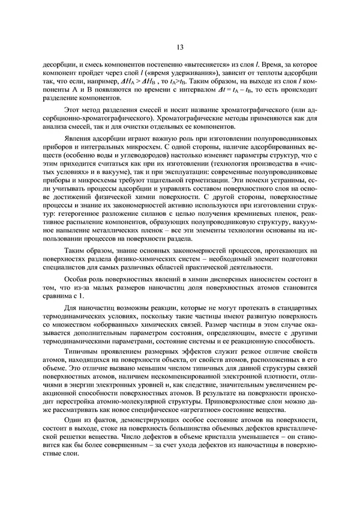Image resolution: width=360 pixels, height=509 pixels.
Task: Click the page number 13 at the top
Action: (x=180, y=47)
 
